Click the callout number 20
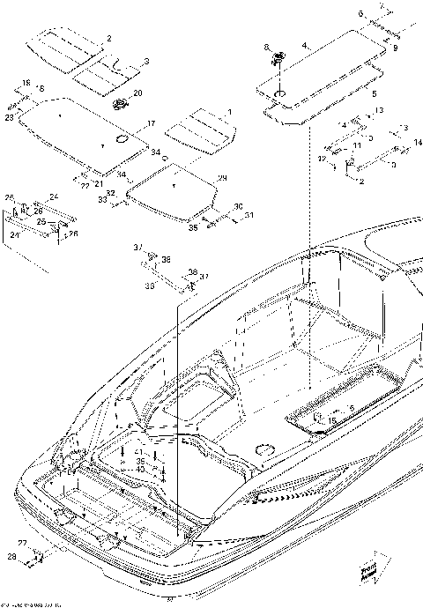(137, 93)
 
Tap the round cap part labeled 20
(116, 106)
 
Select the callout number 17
(151, 123)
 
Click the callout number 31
(249, 215)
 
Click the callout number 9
(395, 48)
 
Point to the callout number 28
(11, 558)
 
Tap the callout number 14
(418, 142)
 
